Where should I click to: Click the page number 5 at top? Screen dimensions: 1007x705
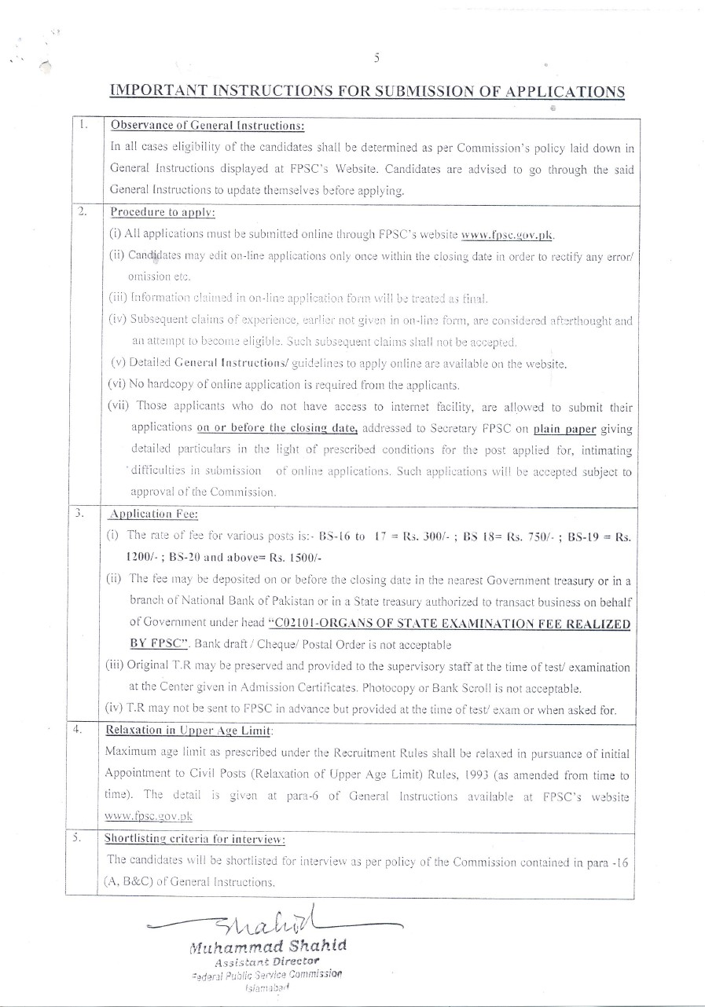click(x=377, y=57)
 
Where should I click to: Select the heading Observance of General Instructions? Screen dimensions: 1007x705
click(x=207, y=125)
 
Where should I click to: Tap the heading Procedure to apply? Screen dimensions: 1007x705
click(x=163, y=212)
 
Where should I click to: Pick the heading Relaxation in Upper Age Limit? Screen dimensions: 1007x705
click(x=189, y=730)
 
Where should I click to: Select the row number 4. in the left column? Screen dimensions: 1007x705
click(x=79, y=729)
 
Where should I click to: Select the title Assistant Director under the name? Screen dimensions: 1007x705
click(x=267, y=961)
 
